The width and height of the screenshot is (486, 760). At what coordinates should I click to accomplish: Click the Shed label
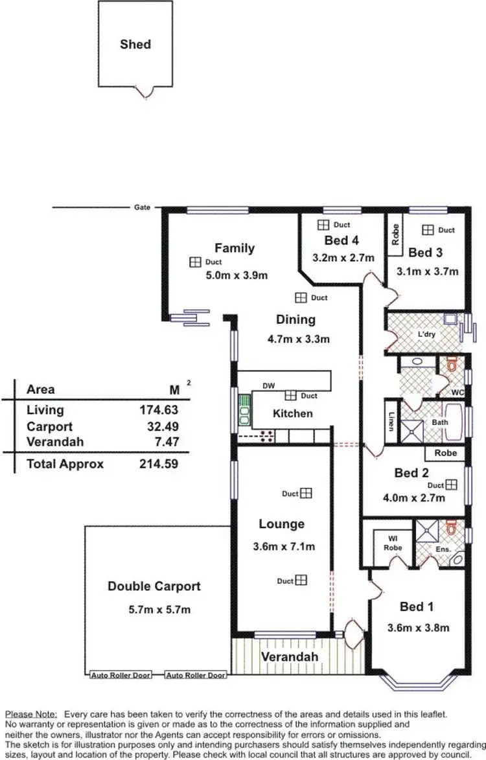pyautogui.click(x=135, y=44)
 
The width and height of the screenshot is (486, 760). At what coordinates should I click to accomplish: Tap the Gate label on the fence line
pyautogui.click(x=142, y=207)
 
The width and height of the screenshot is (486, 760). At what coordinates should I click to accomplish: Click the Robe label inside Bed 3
pyautogui.click(x=395, y=235)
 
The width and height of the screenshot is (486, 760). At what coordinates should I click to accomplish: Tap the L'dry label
pyautogui.click(x=425, y=334)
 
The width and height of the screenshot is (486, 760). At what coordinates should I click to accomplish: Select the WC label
pyautogui.click(x=457, y=393)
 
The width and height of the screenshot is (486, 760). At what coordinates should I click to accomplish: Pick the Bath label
pyautogui.click(x=440, y=422)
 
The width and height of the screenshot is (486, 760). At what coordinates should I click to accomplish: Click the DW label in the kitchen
pyautogui.click(x=268, y=386)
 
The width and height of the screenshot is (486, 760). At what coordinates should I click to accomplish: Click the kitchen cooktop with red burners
pyautogui.click(x=266, y=435)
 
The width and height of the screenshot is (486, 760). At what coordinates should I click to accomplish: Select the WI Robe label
pyautogui.click(x=393, y=543)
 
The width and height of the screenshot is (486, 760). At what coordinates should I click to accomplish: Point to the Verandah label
pyautogui.click(x=290, y=657)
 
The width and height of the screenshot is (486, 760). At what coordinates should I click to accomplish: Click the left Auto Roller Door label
pyautogui.click(x=120, y=675)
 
